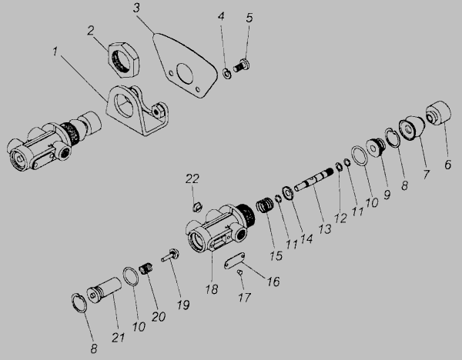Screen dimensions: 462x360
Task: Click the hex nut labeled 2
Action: (x=124, y=60)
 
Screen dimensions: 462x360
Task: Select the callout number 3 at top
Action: (x=136, y=8)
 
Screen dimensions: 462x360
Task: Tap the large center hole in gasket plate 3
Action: (x=185, y=73)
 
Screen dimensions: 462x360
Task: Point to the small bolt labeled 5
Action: (x=242, y=65)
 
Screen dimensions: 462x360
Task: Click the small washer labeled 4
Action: (x=227, y=74)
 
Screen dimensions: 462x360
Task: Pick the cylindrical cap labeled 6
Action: (x=438, y=113)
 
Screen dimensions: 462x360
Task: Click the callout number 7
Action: (x=426, y=175)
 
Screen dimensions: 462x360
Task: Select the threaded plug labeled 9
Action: (x=376, y=147)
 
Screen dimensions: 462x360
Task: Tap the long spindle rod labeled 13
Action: (x=314, y=181)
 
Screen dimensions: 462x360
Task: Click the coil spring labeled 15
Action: (x=264, y=205)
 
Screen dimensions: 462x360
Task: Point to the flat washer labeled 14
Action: (x=286, y=193)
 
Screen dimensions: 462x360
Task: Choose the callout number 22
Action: (x=192, y=178)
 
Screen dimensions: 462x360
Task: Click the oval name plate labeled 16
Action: (x=234, y=260)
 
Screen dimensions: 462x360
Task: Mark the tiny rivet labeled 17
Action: (x=239, y=272)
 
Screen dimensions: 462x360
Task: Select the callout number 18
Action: (x=212, y=289)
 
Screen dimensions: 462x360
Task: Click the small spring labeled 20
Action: (x=146, y=268)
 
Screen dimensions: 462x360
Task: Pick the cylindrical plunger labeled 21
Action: (x=104, y=292)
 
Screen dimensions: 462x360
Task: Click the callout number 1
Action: (x=55, y=52)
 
